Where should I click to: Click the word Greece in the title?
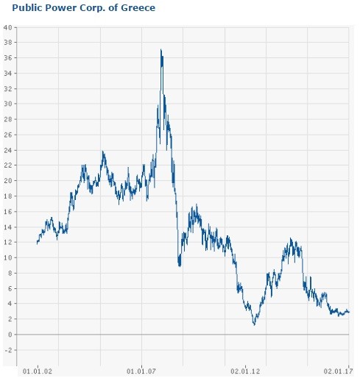pyautogui.click(x=138, y=8)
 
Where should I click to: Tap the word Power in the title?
pyautogui.click(x=61, y=8)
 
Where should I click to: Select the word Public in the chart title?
pyautogui.click(x=28, y=8)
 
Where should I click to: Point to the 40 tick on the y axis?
pyautogui.click(x=8, y=27)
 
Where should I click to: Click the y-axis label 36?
pyautogui.click(x=8, y=58)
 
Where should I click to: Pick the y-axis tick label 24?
pyautogui.click(x=8, y=150)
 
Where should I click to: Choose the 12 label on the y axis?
pyautogui.click(x=8, y=242)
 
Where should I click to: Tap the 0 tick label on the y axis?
pyautogui.click(x=10, y=335)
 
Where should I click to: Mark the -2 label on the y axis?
pyautogui.click(x=8, y=350)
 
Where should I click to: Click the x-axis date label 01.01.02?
pyautogui.click(x=38, y=371)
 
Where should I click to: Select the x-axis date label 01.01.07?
pyautogui.click(x=141, y=371)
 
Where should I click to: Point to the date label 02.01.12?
pyautogui.click(x=245, y=371)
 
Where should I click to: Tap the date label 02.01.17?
pyautogui.click(x=338, y=371)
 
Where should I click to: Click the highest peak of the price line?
pyautogui.click(x=161, y=49)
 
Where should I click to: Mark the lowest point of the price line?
pyautogui.click(x=254, y=325)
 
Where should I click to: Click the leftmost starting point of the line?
pyautogui.click(x=37, y=243)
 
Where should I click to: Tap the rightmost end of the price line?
pyautogui.click(x=349, y=312)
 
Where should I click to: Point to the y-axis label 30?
pyautogui.click(x=8, y=104)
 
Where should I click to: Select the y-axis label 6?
pyautogui.click(x=10, y=288)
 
